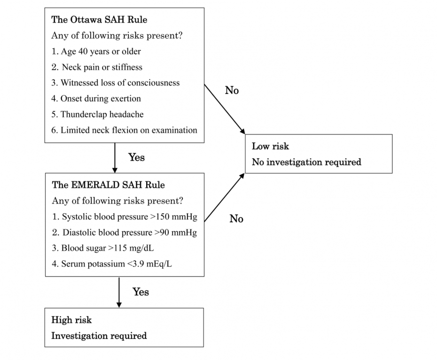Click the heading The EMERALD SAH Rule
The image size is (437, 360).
pyautogui.click(x=109, y=185)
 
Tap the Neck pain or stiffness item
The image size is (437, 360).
pyautogui.click(x=97, y=67)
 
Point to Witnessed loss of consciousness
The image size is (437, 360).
pyautogui.click(x=116, y=83)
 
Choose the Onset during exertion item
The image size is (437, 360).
pyautogui.click(x=96, y=99)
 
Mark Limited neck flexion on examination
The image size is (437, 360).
pyautogui.click(x=125, y=130)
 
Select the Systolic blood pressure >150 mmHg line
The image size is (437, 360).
pyautogui.click(x=125, y=217)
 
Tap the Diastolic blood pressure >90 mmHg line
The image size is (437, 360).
pyautogui.click(x=125, y=233)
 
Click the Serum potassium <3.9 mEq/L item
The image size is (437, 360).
pyautogui.click(x=112, y=264)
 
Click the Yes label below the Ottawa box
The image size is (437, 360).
pyautogui.click(x=137, y=157)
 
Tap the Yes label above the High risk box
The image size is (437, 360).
pyautogui.click(x=140, y=292)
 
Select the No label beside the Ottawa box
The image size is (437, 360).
pyautogui.click(x=232, y=90)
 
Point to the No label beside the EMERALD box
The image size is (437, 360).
pyautogui.click(x=236, y=219)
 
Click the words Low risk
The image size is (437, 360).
pyautogui.click(x=270, y=146)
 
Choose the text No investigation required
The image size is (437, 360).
pyautogui.click(x=306, y=162)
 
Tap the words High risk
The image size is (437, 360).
pyautogui.click(x=71, y=320)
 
